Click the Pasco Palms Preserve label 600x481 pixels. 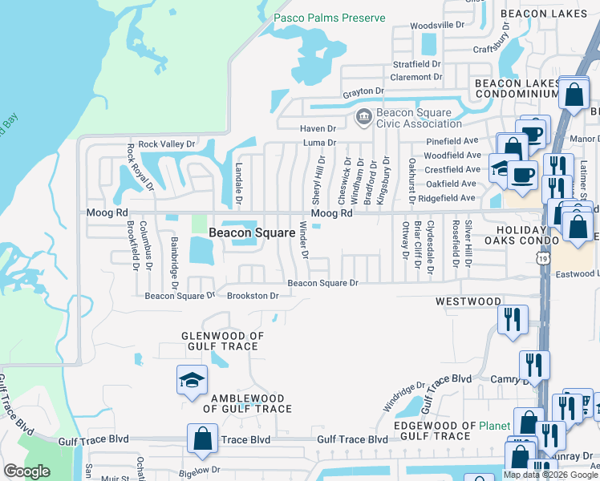point(329,18)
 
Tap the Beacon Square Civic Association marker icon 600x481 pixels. point(363,118)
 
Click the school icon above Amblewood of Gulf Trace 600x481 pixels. point(193,381)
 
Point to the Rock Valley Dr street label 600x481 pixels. point(167,144)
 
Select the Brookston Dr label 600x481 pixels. point(253,296)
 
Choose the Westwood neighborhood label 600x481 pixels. point(468,302)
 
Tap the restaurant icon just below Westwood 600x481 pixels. point(511,318)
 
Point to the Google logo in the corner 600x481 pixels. point(26,471)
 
